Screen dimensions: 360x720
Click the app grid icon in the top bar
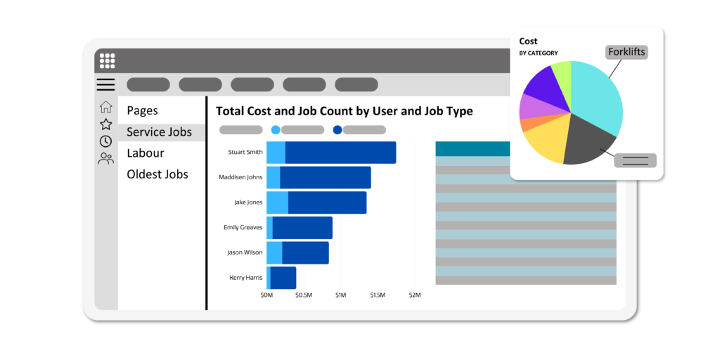pos(107,60)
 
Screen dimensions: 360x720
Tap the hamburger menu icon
pos(105,85)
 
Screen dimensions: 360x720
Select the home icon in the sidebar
pos(105,107)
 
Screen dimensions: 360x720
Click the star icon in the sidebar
pos(105,124)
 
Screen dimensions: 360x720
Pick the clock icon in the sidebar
pos(105,141)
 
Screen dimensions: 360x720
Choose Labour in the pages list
pos(146,153)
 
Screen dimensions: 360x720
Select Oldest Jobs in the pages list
pos(157,174)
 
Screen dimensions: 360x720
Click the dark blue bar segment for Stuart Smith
pos(340,153)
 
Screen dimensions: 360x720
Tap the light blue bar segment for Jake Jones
pos(277,202)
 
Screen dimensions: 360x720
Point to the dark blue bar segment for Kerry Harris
pos(283,278)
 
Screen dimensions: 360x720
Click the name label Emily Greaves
pos(243,228)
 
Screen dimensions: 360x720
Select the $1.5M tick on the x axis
pos(378,295)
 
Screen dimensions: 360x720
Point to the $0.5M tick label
pos(304,295)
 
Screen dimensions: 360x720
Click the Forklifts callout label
pos(626,51)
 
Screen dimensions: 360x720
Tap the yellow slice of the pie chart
pos(548,141)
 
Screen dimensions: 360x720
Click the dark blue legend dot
pos(337,130)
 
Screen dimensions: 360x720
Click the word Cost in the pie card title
pos(528,41)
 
